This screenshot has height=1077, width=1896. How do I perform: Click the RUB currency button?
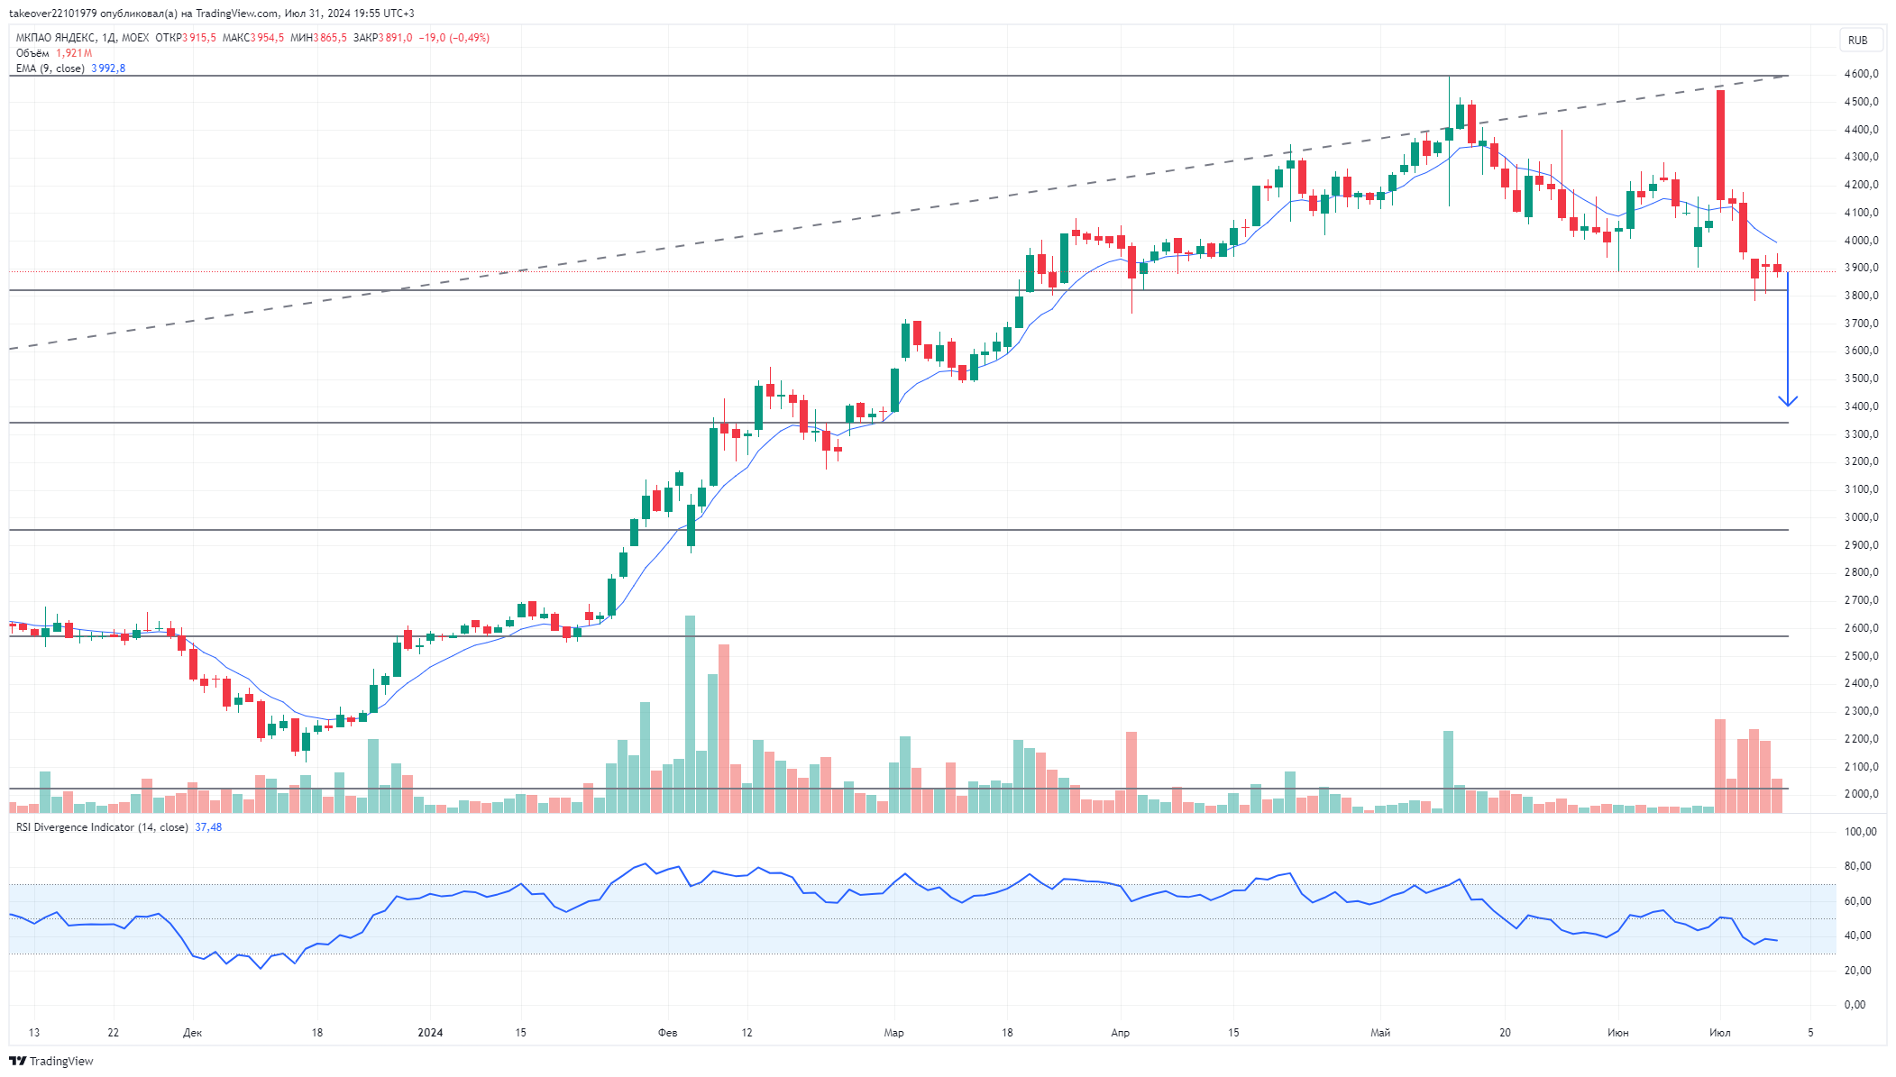point(1857,40)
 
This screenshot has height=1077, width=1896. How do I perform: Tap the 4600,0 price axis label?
point(1862,74)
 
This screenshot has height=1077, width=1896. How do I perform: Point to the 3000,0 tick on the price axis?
point(1862,517)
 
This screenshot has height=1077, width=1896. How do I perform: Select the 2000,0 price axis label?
point(1862,794)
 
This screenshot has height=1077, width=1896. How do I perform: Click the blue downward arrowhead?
point(1788,401)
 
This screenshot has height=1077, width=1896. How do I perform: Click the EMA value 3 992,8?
point(108,68)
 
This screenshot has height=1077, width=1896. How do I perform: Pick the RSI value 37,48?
point(208,827)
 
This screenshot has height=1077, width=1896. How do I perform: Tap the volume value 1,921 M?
point(74,53)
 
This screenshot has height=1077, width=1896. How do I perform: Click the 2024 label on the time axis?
point(430,1033)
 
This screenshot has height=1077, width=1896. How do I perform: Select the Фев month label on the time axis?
point(667,1033)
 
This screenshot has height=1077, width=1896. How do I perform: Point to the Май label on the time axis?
point(1380,1033)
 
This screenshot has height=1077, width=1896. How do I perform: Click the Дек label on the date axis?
point(192,1033)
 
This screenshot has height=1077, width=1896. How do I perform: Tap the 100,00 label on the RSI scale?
point(1860,832)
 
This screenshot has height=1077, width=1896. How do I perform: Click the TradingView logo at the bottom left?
point(51,1061)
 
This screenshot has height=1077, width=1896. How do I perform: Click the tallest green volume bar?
point(691,714)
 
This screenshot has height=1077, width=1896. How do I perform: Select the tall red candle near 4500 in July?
point(1721,145)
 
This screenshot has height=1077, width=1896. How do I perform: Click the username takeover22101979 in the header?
point(52,14)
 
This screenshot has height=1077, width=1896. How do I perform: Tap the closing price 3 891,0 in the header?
point(395,38)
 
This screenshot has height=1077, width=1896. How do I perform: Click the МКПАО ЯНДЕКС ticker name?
point(56,38)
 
